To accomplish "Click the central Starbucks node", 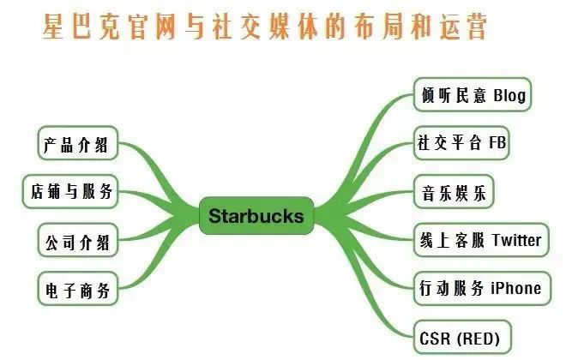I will pos(256,215).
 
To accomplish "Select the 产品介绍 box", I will pos(77,143).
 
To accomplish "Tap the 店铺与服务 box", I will pos(71,191).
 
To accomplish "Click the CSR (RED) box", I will pos(460,335).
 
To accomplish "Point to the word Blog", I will pos(509,93).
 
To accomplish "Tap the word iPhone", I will pos(515,287).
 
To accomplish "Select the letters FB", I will pos(497,142).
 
